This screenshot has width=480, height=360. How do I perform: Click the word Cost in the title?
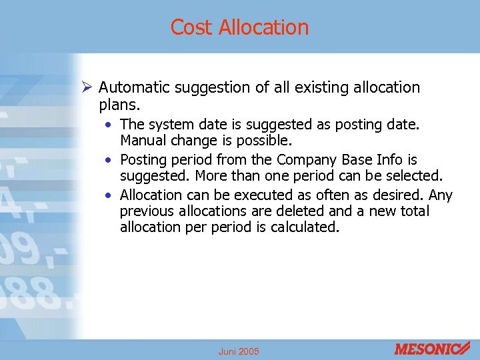tap(192, 27)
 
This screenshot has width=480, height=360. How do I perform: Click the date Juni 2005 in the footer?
tap(239, 351)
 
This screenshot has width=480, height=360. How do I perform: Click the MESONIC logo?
tap(432, 348)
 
